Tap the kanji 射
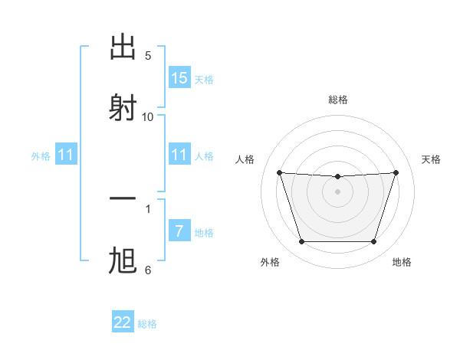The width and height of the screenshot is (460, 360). (x=123, y=107)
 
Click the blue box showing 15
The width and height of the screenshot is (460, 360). (x=179, y=78)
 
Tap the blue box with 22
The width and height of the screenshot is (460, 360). (x=123, y=322)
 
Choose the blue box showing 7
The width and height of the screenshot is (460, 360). (x=179, y=231)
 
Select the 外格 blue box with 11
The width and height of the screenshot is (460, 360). (x=66, y=155)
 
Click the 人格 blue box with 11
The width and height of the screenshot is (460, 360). (x=179, y=155)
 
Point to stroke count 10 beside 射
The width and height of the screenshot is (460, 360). (x=148, y=116)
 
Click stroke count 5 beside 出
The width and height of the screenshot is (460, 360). (x=148, y=56)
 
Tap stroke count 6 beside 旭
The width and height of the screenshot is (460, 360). (x=148, y=270)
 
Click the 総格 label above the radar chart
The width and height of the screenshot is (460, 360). (x=338, y=100)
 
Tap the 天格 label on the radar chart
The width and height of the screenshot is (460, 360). (x=431, y=159)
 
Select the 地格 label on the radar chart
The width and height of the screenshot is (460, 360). (x=402, y=262)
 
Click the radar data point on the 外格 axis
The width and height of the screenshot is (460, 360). (x=301, y=242)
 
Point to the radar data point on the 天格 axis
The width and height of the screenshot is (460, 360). (x=396, y=172)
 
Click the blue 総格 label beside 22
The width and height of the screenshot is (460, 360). (x=147, y=324)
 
